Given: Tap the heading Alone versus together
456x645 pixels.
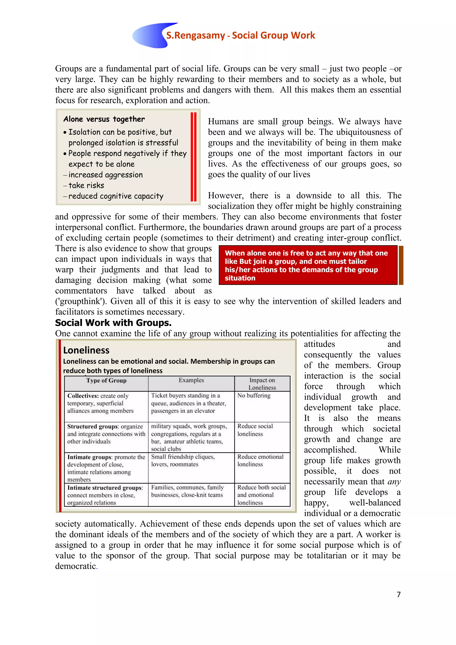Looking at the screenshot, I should pos(104,119).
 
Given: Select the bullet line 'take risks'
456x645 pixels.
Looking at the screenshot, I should pos(86,185).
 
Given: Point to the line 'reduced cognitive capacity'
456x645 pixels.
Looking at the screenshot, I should pos(116,196).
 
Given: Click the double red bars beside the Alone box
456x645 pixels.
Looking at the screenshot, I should pos(193,157).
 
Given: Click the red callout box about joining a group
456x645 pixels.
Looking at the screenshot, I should pos(308,265).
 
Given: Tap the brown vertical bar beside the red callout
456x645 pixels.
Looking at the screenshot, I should pos(401,265).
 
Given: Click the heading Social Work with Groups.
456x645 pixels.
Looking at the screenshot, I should pos(113,323).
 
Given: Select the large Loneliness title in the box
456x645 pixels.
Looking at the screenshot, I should pos(86,350).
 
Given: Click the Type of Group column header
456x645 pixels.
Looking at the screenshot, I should pos(106,381).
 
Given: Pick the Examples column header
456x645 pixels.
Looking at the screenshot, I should pos(191,380).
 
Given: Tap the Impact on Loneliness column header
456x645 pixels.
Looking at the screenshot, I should pos(262,384).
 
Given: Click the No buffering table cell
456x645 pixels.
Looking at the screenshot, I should pos(254,396).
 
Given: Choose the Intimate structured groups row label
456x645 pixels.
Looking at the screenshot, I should pos(105,495).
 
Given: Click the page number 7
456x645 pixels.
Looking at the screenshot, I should pos(398,594).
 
